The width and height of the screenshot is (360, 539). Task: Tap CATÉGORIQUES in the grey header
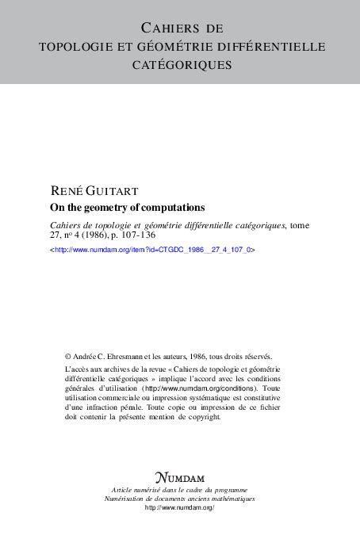click(180, 64)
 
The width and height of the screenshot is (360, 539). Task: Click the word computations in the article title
click(170, 208)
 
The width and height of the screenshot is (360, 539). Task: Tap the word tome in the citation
click(298, 225)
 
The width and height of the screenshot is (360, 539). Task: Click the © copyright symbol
click(67, 357)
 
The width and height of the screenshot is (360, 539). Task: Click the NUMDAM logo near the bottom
click(180, 478)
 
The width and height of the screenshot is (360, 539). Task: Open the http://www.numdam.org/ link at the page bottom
click(180, 507)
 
